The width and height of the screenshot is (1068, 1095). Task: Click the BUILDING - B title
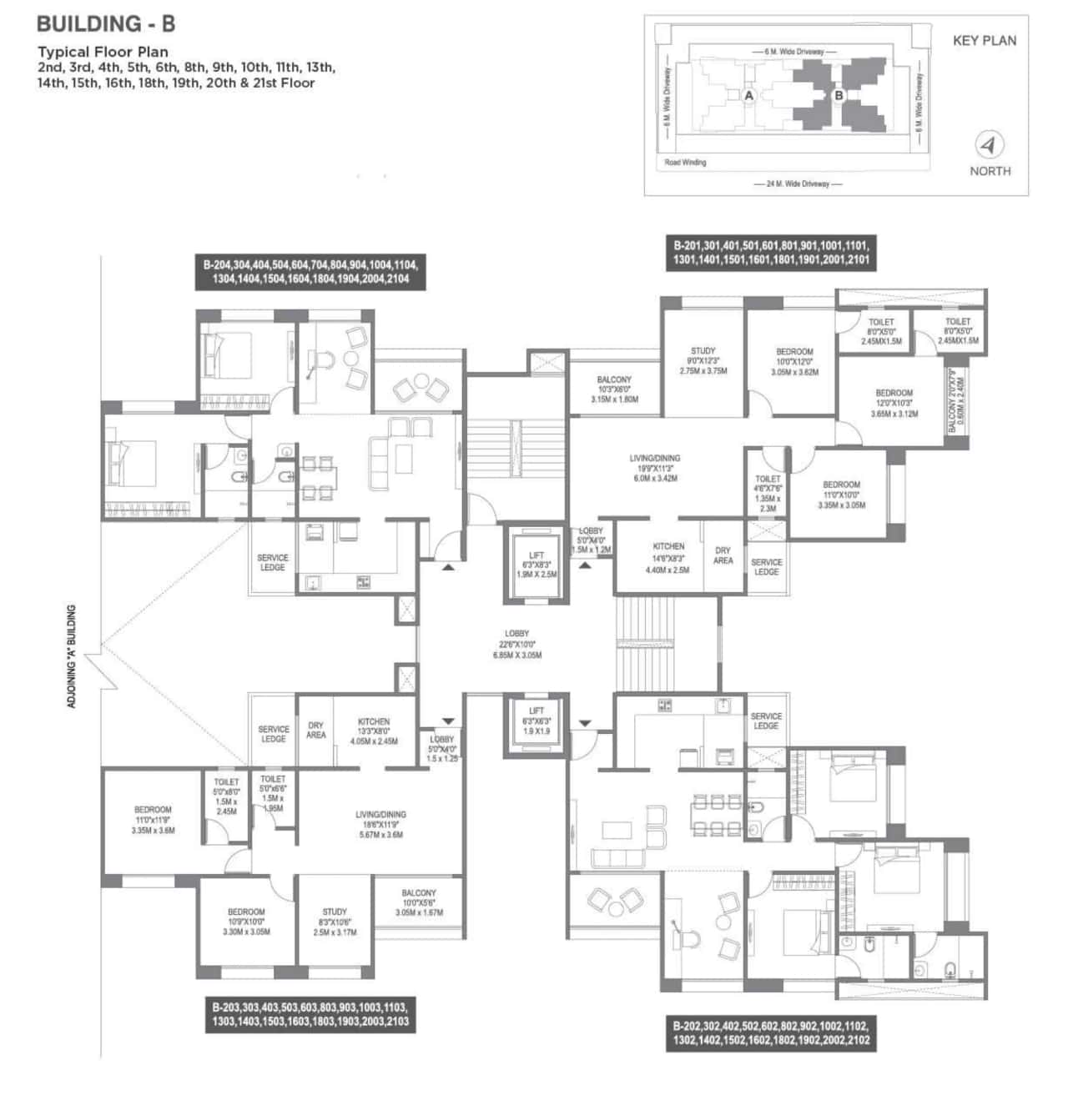tap(106, 23)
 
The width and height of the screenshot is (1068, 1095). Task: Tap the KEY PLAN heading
tap(985, 40)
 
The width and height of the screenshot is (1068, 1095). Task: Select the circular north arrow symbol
tap(990, 146)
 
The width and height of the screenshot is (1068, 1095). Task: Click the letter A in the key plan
tap(748, 96)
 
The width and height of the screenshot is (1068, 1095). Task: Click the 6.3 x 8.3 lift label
tap(536, 565)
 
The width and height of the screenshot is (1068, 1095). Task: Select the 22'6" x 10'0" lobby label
tap(516, 645)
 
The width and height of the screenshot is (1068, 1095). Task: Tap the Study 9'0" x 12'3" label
tap(703, 360)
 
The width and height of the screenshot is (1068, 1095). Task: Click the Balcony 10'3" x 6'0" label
tap(614, 389)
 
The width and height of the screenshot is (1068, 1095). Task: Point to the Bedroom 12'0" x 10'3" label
tap(894, 403)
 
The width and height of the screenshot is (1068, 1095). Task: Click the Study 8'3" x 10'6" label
tap(335, 922)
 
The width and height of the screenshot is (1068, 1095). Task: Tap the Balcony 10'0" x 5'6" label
tap(419, 902)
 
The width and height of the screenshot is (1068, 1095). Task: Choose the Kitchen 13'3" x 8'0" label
tap(374, 731)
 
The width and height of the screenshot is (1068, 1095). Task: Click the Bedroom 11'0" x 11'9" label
tap(153, 820)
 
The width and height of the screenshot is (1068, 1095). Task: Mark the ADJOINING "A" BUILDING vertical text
tap(71, 656)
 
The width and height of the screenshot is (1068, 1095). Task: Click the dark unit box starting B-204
tap(310, 272)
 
